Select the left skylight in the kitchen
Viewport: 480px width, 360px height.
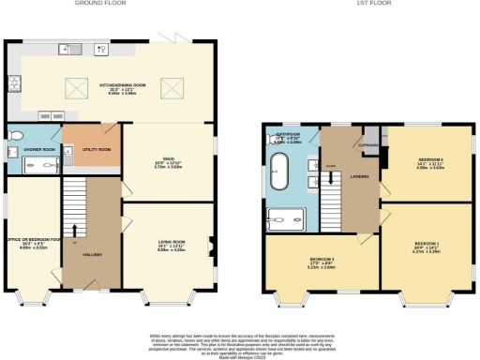75,89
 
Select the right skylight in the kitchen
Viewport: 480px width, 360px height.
171,89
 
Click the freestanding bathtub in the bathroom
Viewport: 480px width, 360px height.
279,173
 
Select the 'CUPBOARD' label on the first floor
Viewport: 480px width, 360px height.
367,145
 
